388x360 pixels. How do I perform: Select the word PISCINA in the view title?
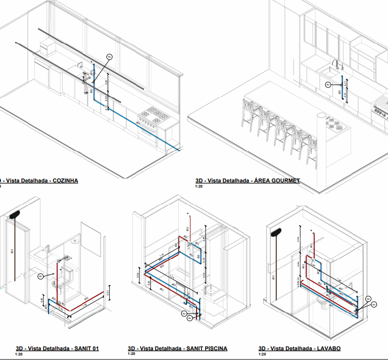(x=214, y=348)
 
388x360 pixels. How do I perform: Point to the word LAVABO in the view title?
(x=328, y=348)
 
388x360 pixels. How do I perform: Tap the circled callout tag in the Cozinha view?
(x=109, y=57)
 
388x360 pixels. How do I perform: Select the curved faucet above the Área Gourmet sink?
(x=336, y=64)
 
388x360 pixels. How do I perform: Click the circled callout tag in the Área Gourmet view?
(x=328, y=84)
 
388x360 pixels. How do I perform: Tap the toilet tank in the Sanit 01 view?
(x=68, y=276)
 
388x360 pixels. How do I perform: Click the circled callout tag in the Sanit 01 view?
(x=41, y=276)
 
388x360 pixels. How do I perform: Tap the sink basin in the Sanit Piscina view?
(x=211, y=290)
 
